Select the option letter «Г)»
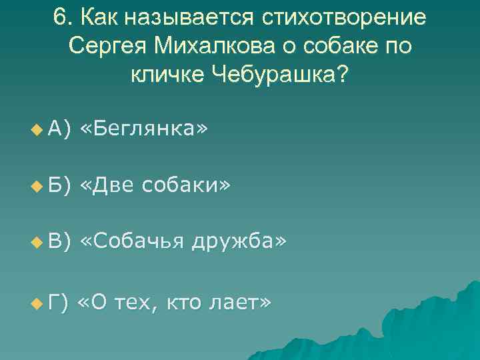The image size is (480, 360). coord(58,303)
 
